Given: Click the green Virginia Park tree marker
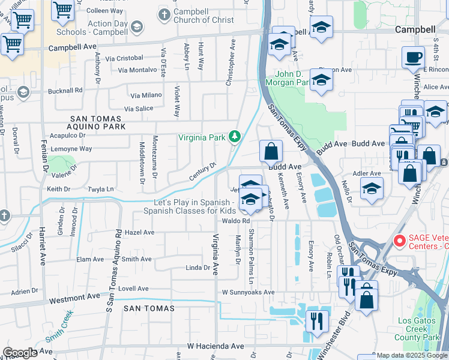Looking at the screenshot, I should [235, 137].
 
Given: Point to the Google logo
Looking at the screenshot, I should [20, 353].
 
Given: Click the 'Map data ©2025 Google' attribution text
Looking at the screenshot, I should [411, 355].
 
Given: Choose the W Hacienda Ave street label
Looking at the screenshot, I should [215, 346].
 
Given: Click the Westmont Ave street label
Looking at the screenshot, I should [74, 297].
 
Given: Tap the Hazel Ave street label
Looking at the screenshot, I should [138, 232].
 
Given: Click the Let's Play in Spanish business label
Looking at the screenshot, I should [195, 206].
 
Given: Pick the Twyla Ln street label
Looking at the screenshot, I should [101, 189].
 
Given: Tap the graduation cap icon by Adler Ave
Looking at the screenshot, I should [372, 187].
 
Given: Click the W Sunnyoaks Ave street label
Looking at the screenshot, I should [248, 292].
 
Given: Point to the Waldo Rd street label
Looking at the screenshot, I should [236, 221].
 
